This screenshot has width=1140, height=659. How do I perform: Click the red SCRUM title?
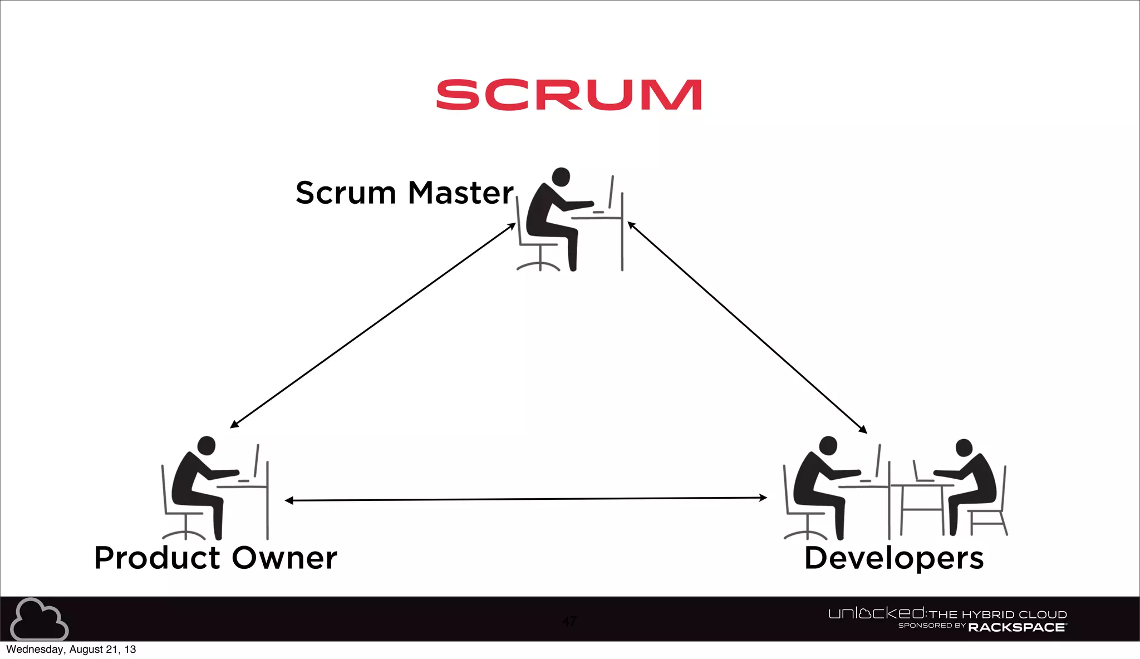[568, 95]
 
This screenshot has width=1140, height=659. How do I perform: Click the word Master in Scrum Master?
[460, 193]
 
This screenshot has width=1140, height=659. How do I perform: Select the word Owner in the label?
[284, 558]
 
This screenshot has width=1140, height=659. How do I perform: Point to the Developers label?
[894, 558]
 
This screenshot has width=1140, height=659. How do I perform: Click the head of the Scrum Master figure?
[561, 177]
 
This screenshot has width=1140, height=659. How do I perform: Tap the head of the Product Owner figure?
[207, 445]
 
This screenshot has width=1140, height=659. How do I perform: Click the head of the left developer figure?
[828, 445]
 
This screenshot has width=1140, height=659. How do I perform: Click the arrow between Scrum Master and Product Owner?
[373, 326]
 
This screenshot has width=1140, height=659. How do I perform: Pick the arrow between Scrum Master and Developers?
[747, 327]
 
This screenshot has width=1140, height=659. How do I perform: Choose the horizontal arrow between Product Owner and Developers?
[526, 499]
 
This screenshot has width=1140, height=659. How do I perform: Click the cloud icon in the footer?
[39, 619]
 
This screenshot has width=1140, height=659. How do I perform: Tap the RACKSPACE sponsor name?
[1016, 628]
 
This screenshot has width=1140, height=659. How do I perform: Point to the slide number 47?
[569, 621]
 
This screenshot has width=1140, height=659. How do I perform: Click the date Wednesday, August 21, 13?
[71, 650]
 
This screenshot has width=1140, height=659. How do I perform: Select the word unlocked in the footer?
[876, 613]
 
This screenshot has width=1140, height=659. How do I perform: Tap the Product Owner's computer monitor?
[257, 461]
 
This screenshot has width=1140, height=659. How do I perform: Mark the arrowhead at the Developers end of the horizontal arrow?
[763, 498]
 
